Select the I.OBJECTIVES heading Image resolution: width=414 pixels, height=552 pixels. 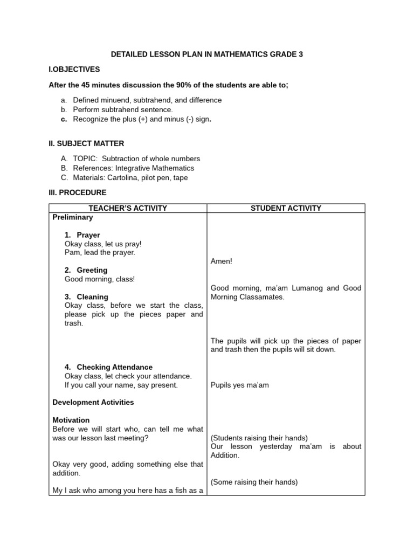[x=74, y=70]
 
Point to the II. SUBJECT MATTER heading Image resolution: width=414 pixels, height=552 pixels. [x=86, y=143]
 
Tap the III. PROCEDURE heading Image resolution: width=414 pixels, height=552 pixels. [x=78, y=192]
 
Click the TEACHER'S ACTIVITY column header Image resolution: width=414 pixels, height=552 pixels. [x=128, y=208]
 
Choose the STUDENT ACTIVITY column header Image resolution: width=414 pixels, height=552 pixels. [x=286, y=208]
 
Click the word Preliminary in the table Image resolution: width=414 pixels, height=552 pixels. [x=73, y=217]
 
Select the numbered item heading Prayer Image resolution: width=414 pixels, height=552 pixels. [x=88, y=235]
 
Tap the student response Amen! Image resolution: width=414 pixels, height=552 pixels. [x=221, y=261]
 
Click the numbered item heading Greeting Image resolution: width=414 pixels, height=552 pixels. [x=92, y=270]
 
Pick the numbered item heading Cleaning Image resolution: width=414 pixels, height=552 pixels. [x=92, y=296]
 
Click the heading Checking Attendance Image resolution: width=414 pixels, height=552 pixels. [x=114, y=367]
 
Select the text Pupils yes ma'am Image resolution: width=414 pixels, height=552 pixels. [x=239, y=385]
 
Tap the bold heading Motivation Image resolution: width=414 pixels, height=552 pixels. [x=71, y=420]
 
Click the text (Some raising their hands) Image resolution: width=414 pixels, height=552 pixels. [x=254, y=482]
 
